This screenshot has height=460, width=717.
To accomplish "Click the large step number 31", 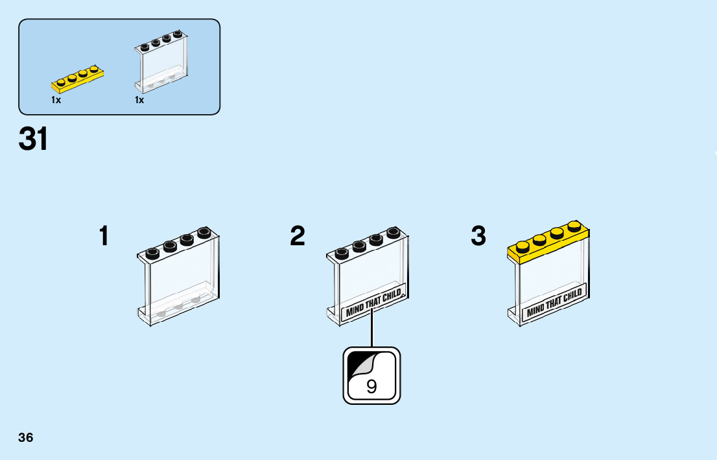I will pyautogui.click(x=34, y=139).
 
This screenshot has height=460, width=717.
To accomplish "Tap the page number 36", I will pyautogui.click(x=26, y=437).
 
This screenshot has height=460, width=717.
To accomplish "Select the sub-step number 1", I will pyautogui.click(x=104, y=236).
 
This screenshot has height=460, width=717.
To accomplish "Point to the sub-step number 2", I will pyautogui.click(x=298, y=236).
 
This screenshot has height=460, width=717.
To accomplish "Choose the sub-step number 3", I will pyautogui.click(x=478, y=236).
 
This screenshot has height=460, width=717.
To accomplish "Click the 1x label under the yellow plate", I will pyautogui.click(x=56, y=101).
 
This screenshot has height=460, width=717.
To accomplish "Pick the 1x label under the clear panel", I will pyautogui.click(x=139, y=101).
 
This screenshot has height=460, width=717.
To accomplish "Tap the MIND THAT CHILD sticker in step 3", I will pyautogui.click(x=554, y=301).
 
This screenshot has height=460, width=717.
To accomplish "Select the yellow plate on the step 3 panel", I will pyautogui.click(x=548, y=244).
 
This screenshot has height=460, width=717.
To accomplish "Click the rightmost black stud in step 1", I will pyautogui.click(x=204, y=232).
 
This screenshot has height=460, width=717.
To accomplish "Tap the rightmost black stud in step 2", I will pyautogui.click(x=393, y=232).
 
